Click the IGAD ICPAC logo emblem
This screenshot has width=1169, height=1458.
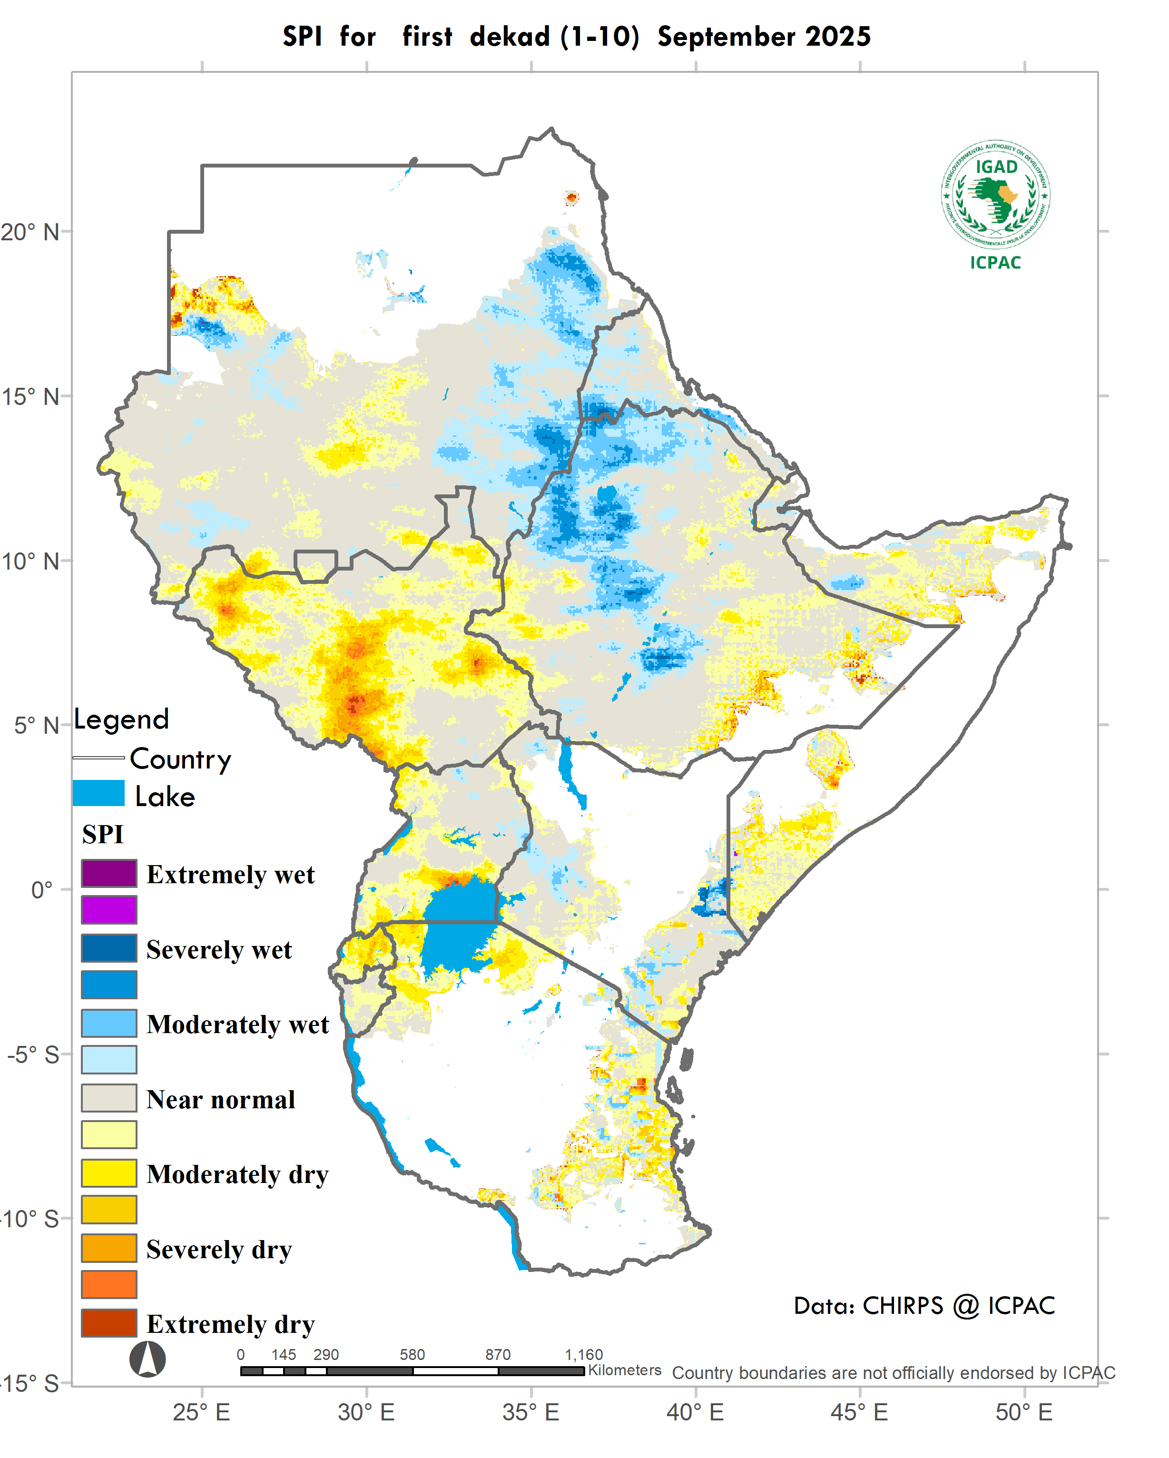click(x=995, y=196)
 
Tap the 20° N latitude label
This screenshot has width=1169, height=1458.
click(x=30, y=232)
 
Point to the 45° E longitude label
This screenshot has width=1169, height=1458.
click(x=861, y=1412)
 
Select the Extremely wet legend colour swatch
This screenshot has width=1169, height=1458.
click(x=109, y=873)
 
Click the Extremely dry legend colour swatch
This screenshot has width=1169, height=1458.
click(x=109, y=1323)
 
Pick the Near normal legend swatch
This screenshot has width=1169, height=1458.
click(x=109, y=1098)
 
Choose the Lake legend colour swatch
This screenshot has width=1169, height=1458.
click(x=98, y=793)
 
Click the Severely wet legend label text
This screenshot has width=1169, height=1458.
click(x=219, y=949)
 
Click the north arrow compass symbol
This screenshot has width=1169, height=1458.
click(x=147, y=1359)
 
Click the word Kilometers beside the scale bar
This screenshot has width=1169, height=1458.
click(x=625, y=1370)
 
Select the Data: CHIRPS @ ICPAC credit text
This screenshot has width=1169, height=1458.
click(x=924, y=1305)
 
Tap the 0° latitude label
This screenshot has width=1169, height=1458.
click(x=41, y=890)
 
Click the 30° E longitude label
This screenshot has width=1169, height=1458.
click(x=366, y=1412)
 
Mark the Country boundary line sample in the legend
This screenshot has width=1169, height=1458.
click(x=98, y=758)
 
